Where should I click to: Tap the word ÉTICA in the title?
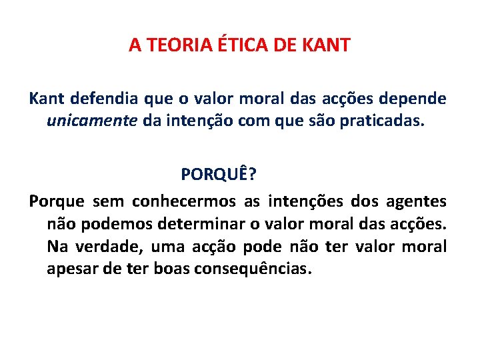(239, 45)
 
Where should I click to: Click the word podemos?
(109, 223)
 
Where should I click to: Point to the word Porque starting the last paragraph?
(57, 201)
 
